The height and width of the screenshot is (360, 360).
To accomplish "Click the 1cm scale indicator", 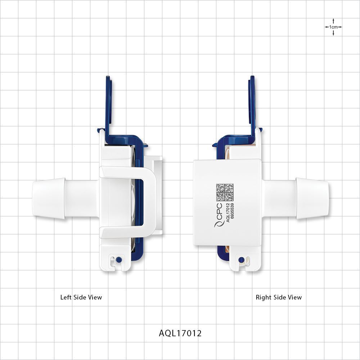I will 333,27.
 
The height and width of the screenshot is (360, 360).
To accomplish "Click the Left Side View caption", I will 81,297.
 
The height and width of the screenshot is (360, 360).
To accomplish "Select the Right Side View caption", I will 279,297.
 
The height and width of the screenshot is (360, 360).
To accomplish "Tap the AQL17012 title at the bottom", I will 180,333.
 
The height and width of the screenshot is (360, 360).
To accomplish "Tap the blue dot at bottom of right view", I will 242,259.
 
